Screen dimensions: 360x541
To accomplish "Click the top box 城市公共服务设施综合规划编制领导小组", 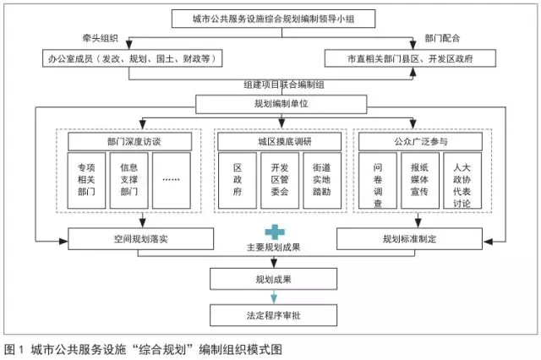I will [271, 18].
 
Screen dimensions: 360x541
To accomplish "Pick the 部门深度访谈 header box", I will [128, 140].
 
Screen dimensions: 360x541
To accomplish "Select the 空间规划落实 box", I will [128, 240].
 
